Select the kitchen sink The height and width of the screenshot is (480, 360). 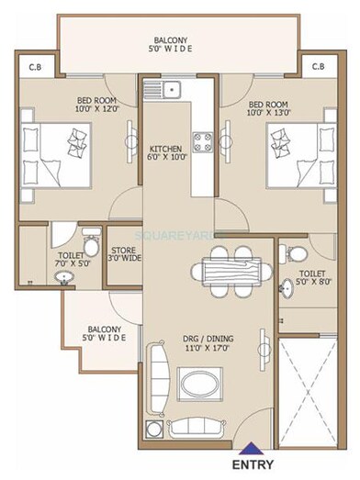pos(171,91)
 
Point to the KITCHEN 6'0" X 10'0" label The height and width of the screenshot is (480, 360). pos(165,153)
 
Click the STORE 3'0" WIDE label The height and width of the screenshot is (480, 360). pos(124,253)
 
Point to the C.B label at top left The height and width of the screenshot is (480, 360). pos(34,67)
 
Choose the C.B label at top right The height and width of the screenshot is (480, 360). pos(318,67)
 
